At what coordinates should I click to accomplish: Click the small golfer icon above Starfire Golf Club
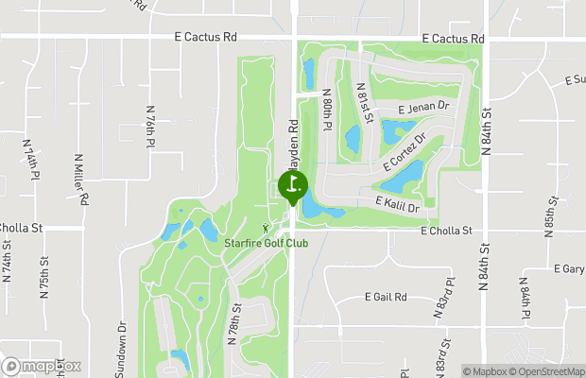point(267,227)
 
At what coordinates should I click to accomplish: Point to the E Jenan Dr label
point(422,109)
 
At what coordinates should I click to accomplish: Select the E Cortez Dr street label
point(405,151)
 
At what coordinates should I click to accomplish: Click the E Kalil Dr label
point(398,202)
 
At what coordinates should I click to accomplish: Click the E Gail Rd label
point(386,297)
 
